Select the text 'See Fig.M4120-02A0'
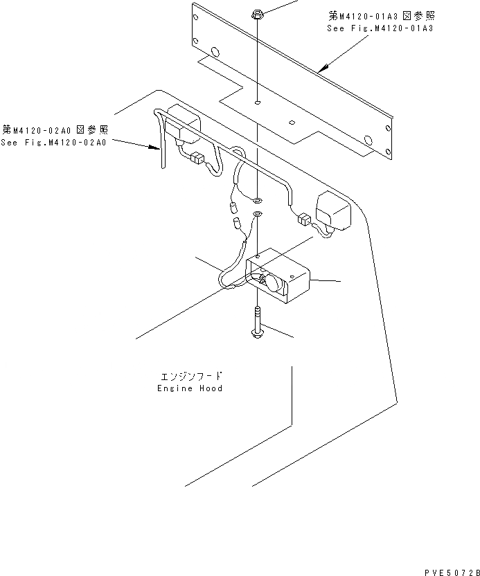tap(53, 142)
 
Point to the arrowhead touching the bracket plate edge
tap(320, 69)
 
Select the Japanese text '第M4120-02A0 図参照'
tap(55, 129)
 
